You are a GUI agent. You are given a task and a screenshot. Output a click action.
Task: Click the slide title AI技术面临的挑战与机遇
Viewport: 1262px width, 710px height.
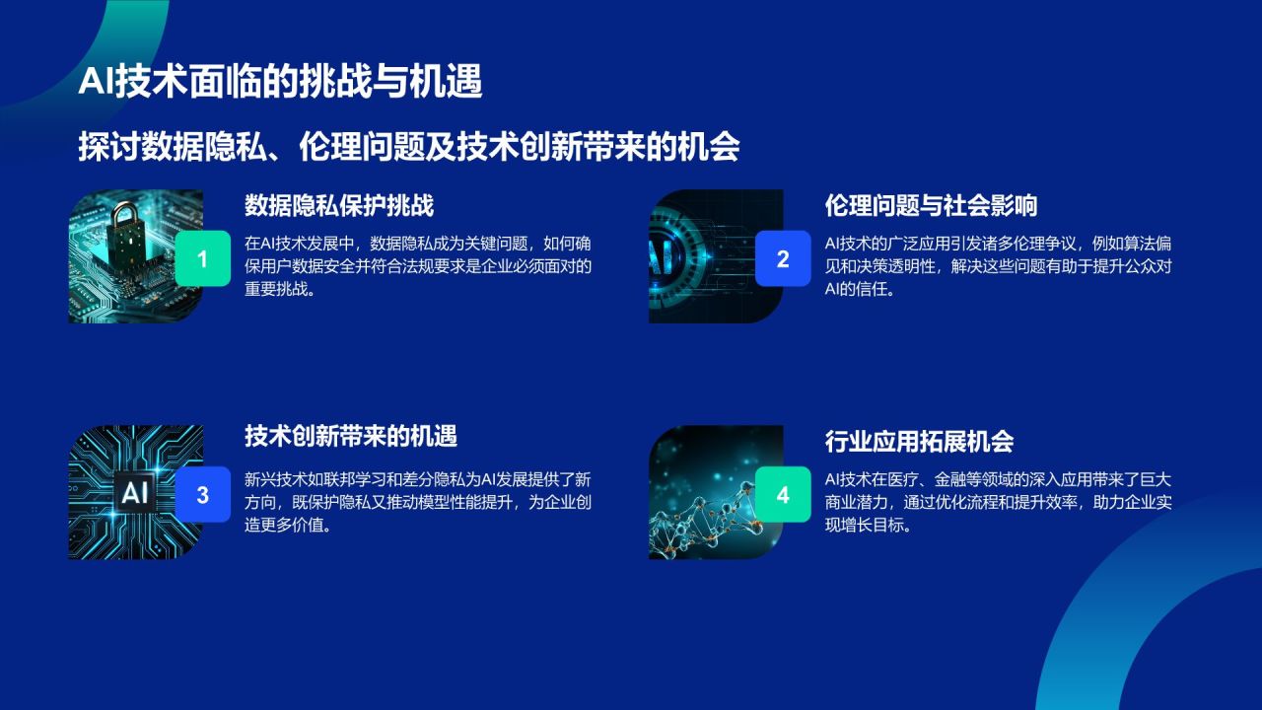click(x=280, y=83)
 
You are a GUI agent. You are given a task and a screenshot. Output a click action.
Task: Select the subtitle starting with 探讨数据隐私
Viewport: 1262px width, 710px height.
click(x=409, y=147)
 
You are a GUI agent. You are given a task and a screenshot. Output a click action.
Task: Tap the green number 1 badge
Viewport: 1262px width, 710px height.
click(x=202, y=258)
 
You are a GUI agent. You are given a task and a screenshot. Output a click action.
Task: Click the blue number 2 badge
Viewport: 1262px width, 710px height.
click(x=783, y=258)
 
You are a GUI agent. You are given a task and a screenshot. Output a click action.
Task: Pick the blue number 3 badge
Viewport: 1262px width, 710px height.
click(x=202, y=495)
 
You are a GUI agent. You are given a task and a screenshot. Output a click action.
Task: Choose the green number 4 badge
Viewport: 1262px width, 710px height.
click(x=783, y=495)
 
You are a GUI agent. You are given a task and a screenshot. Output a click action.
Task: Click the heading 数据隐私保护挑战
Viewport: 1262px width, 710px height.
click(x=339, y=206)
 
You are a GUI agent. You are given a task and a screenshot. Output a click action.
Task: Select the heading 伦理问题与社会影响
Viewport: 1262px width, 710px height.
click(x=931, y=206)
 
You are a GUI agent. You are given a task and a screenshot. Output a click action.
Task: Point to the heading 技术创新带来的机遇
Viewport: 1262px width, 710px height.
click(x=351, y=436)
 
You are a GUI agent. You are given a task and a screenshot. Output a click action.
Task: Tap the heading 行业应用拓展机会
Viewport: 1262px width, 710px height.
click(x=919, y=442)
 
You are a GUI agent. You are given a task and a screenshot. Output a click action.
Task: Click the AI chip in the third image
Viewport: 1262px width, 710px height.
click(x=134, y=492)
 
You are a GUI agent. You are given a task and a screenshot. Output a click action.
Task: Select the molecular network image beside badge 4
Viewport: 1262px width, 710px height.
click(x=705, y=503)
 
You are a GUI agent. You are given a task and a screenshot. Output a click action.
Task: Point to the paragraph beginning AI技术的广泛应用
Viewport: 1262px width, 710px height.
click(x=997, y=267)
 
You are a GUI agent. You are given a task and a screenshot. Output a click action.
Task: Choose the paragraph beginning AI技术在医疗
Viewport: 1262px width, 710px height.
click(x=997, y=503)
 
